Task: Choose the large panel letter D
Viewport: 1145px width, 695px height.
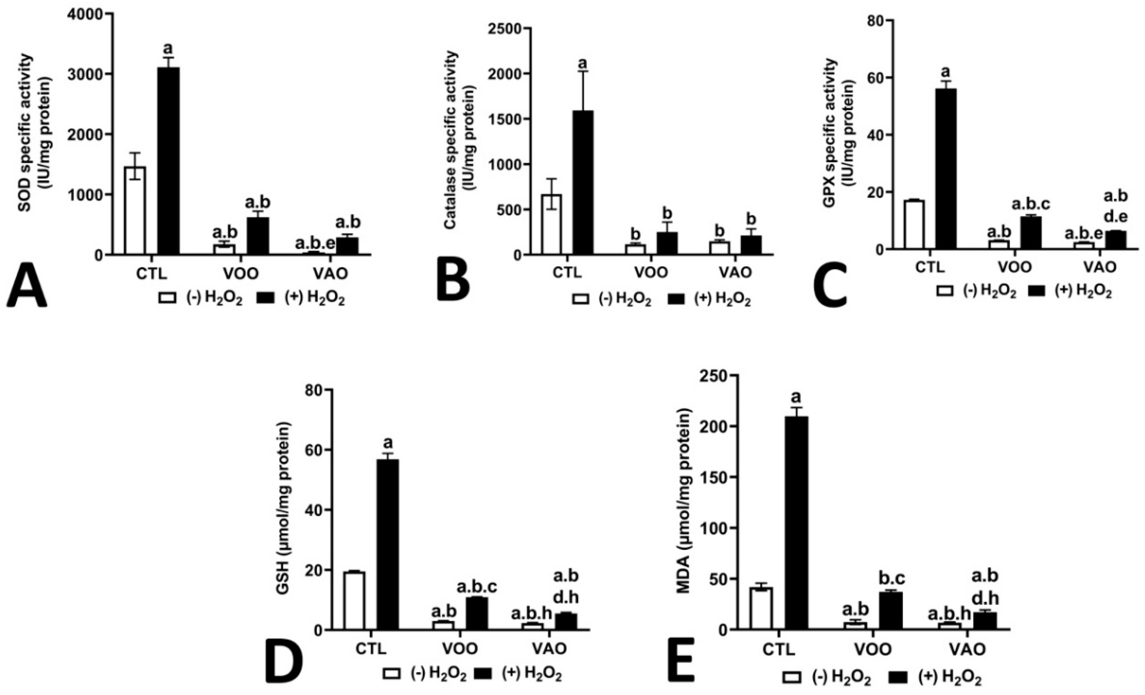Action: pyautogui.click(x=284, y=663)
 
